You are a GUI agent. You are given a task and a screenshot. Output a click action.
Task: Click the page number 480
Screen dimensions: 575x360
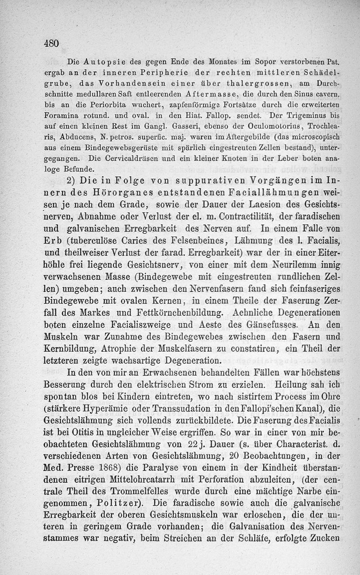coord(52,43)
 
